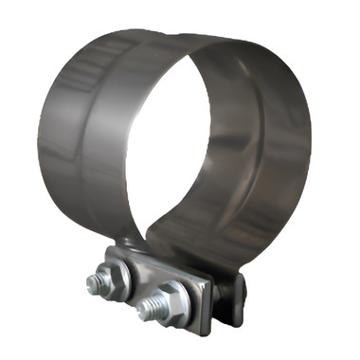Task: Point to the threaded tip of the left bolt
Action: click(x=96, y=281)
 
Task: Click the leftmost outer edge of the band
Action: click(x=39, y=142)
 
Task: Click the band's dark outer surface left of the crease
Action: click(x=59, y=142)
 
